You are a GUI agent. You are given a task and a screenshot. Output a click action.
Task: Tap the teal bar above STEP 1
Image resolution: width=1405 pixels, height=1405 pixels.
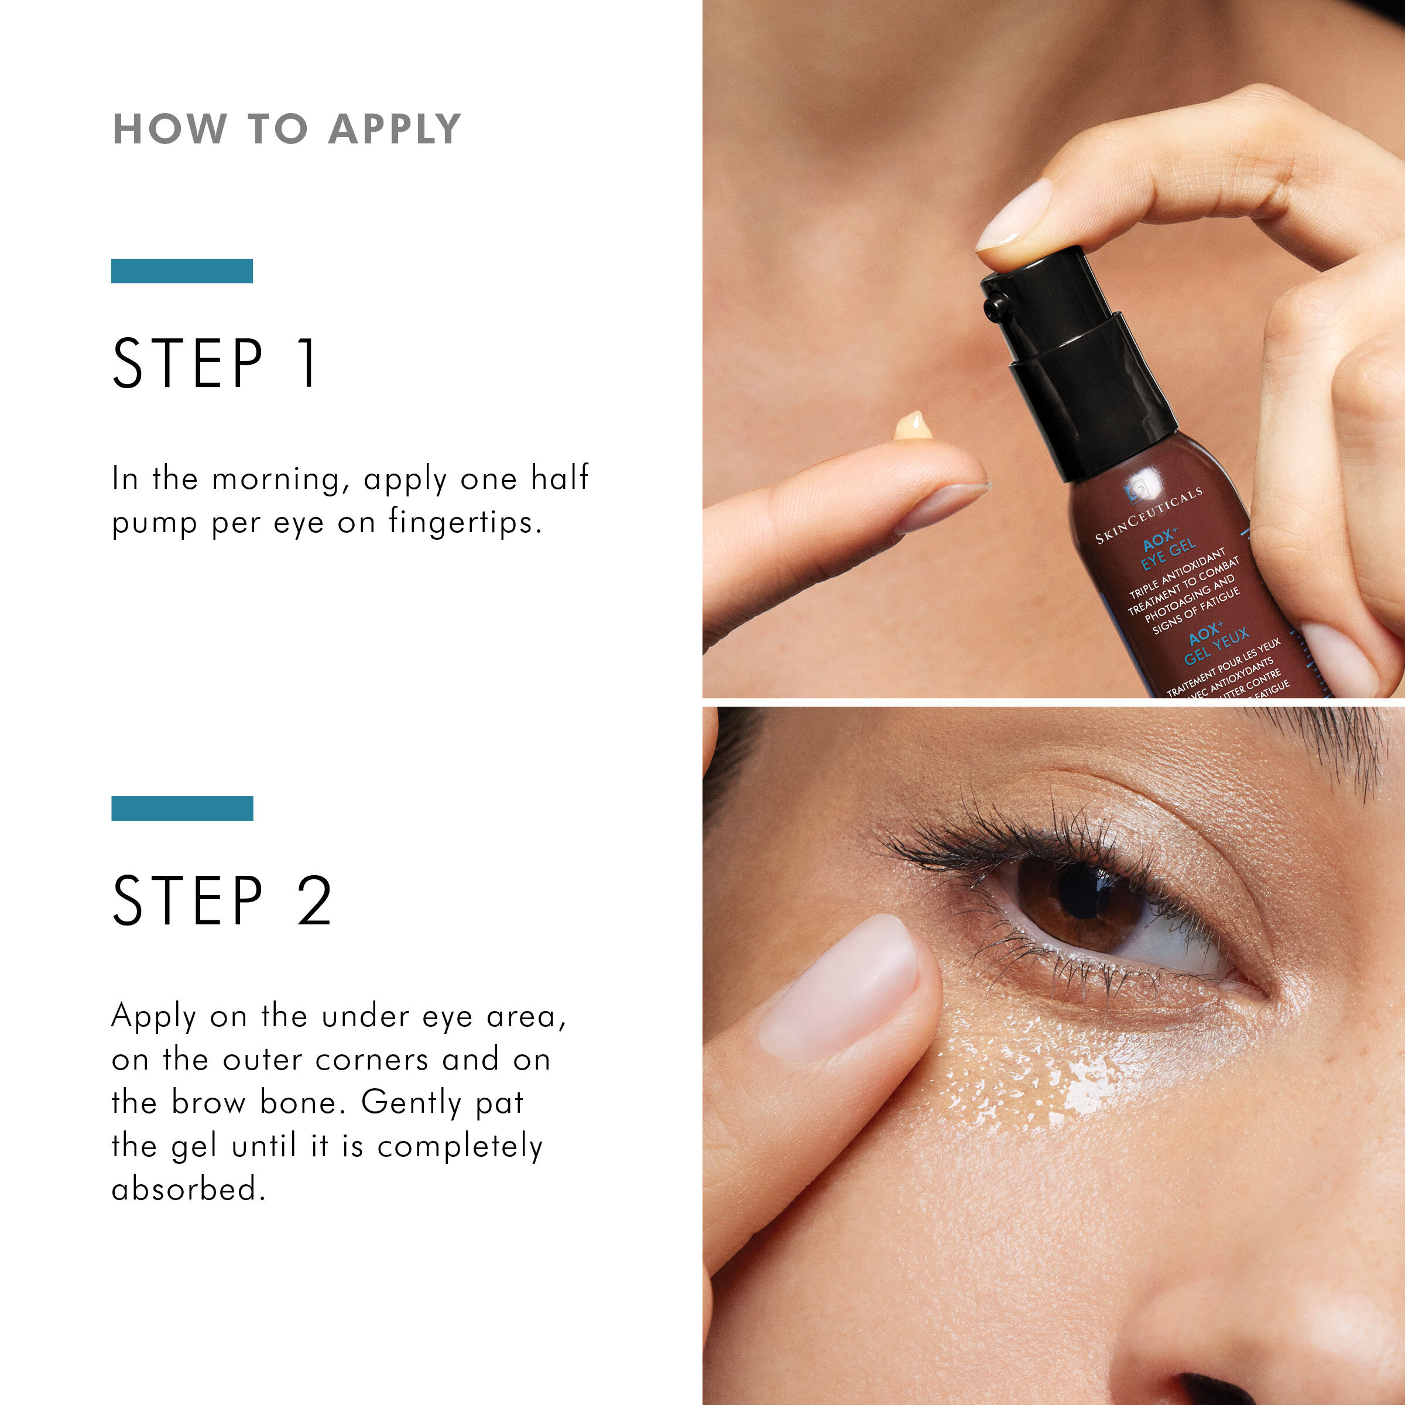pyautogui.click(x=182, y=270)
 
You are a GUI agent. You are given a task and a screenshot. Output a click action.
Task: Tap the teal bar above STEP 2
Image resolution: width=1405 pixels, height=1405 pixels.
pyautogui.click(x=182, y=808)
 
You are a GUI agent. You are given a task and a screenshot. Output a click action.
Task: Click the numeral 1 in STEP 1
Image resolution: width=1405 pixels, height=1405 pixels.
pyautogui.click(x=309, y=363)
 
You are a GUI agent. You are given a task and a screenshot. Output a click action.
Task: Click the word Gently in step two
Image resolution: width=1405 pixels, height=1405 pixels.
pyautogui.click(x=411, y=1102)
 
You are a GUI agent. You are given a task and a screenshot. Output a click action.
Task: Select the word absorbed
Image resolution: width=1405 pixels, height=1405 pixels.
pyautogui.click(x=187, y=1189)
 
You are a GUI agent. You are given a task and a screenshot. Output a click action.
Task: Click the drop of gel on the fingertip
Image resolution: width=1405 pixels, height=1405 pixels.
pyautogui.click(x=913, y=427)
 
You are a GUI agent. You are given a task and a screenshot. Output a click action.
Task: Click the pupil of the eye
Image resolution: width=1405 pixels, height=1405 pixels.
pyautogui.click(x=1084, y=892)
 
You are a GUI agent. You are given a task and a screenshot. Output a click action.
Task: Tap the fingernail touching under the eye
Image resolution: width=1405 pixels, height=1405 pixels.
pyautogui.click(x=840, y=989)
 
